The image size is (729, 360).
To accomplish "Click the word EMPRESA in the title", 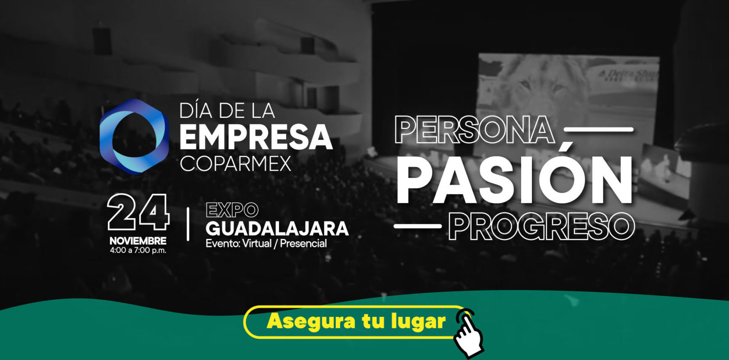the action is pyautogui.click(x=256, y=137).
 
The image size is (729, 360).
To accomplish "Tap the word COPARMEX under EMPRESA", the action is pyautogui.click(x=235, y=164).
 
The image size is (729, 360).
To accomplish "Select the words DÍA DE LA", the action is pyautogui.click(x=227, y=111).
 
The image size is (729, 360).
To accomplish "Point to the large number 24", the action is pyautogui.click(x=138, y=212).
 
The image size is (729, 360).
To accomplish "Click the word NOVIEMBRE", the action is pyautogui.click(x=138, y=241).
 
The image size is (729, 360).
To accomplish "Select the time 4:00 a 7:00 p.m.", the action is pyautogui.click(x=138, y=250).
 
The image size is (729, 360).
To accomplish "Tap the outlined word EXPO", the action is pyautogui.click(x=232, y=210).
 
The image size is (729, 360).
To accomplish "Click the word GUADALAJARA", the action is pyautogui.click(x=277, y=229).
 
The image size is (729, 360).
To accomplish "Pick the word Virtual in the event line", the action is pyautogui.click(x=257, y=243).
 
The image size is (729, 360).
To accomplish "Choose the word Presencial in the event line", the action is pyautogui.click(x=303, y=243).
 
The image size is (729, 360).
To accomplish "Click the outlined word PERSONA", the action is pyautogui.click(x=475, y=130).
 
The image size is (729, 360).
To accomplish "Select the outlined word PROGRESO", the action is pyautogui.click(x=542, y=226).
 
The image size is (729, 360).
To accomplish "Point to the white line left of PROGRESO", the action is pyautogui.click(x=418, y=226).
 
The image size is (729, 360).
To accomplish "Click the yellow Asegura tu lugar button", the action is pyautogui.click(x=355, y=322).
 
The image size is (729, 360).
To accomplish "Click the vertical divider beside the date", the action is pyautogui.click(x=188, y=224).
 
